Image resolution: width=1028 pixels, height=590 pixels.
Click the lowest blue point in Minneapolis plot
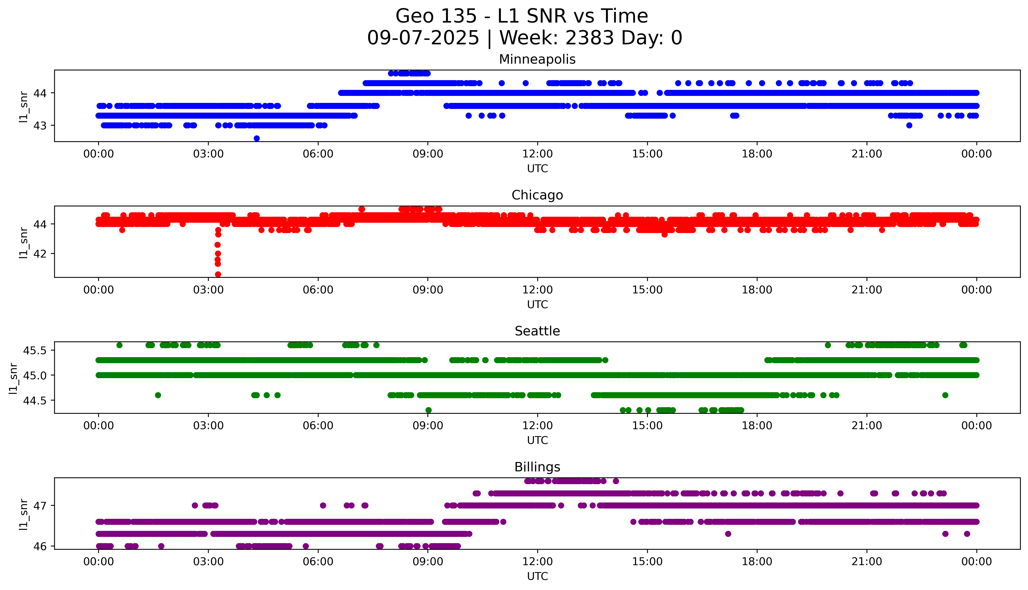click(x=257, y=139)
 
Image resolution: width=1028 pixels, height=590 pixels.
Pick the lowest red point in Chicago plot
click(x=218, y=274)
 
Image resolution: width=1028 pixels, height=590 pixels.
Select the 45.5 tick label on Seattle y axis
click(x=35, y=350)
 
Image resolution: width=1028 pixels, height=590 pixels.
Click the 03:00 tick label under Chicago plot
click(x=208, y=290)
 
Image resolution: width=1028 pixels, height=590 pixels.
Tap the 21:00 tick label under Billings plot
click(x=867, y=562)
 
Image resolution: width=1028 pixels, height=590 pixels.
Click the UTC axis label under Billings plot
click(x=537, y=576)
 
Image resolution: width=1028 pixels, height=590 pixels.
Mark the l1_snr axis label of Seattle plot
click(x=13, y=378)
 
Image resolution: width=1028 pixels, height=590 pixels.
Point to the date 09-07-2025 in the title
click(x=423, y=38)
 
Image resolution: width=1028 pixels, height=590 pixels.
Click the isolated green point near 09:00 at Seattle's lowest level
click(x=428, y=410)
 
